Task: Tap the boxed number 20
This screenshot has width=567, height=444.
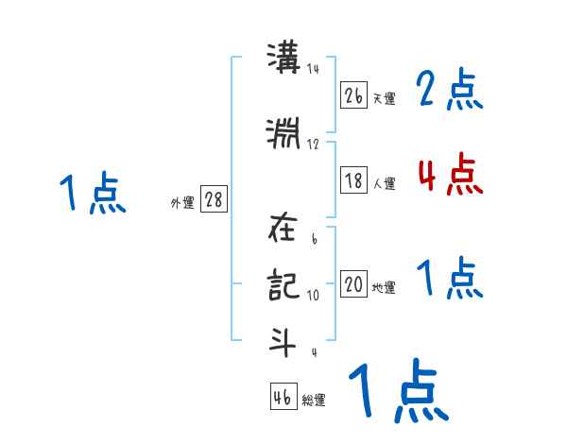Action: pos(354,284)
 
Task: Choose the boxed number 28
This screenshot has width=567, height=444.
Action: pos(214,200)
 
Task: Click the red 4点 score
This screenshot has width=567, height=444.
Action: pos(449,174)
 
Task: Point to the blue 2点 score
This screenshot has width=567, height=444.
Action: pos(449,91)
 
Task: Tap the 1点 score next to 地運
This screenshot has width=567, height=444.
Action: pos(449,280)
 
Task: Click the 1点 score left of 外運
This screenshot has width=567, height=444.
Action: pos(92,195)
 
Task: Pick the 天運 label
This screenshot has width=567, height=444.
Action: pos(384,98)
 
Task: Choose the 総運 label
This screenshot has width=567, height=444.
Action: pos(314,401)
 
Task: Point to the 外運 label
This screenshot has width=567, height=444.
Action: pos(181,203)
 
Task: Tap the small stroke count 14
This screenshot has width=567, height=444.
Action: pos(313,69)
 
